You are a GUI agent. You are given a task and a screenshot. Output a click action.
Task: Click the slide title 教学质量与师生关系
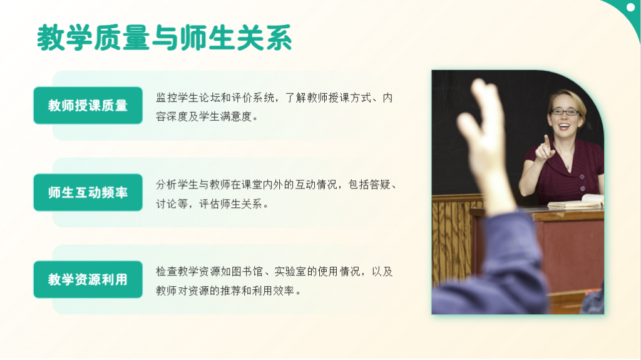tap(165, 38)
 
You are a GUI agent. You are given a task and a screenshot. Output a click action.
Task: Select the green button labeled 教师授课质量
tap(88, 105)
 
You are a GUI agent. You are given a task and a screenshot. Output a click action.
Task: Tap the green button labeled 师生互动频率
tap(88, 192)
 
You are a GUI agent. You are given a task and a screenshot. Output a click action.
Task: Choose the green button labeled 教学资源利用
tap(88, 279)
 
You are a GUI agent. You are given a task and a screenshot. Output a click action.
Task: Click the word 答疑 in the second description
tap(380, 185)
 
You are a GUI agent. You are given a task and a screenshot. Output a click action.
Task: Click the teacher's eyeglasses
tap(565, 111)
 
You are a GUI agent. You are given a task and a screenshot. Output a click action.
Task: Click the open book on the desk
tap(576, 202)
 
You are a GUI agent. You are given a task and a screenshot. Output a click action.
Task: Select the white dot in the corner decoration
tap(630, 8)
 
